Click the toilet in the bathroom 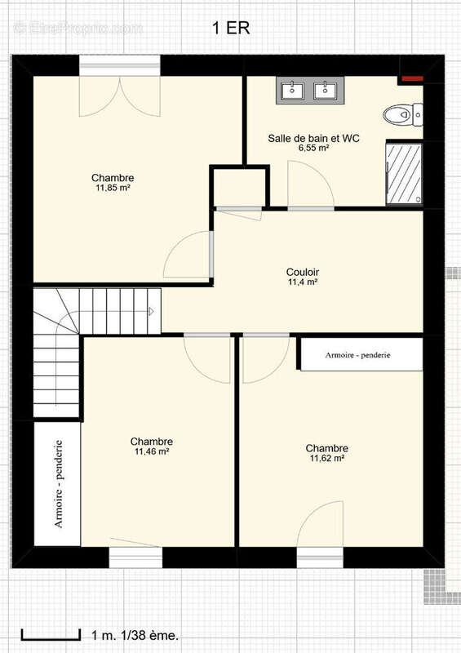pyautogui.click(x=403, y=114)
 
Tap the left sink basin pyautogui.click(x=292, y=91)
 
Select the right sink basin pyautogui.click(x=326, y=91)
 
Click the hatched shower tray pyautogui.click(x=404, y=173)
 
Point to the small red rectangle pyautogui.click(x=412, y=78)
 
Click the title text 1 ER pyautogui.click(x=231, y=29)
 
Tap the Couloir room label pyautogui.click(x=303, y=272)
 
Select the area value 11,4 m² pyautogui.click(x=303, y=282)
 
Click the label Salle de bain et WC pyautogui.click(x=313, y=138)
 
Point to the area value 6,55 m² pyautogui.click(x=314, y=148)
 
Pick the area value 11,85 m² pyautogui.click(x=113, y=188)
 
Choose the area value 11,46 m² pyautogui.click(x=152, y=451)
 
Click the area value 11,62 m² pyautogui.click(x=327, y=459)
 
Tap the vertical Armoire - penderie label pyautogui.click(x=59, y=484)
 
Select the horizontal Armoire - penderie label pyautogui.click(x=357, y=355)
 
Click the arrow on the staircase pyautogui.click(x=152, y=311)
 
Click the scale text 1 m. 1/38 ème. pyautogui.click(x=135, y=636)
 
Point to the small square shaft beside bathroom pyautogui.click(x=239, y=187)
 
